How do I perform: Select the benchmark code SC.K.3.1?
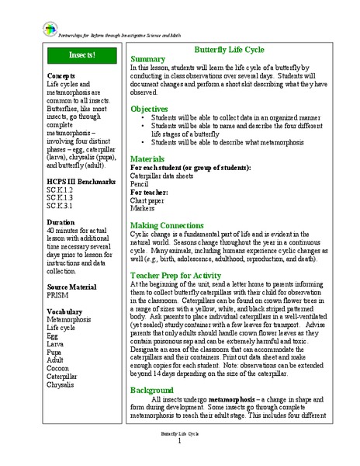[x=60, y=207]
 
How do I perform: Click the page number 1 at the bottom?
[x=179, y=441]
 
